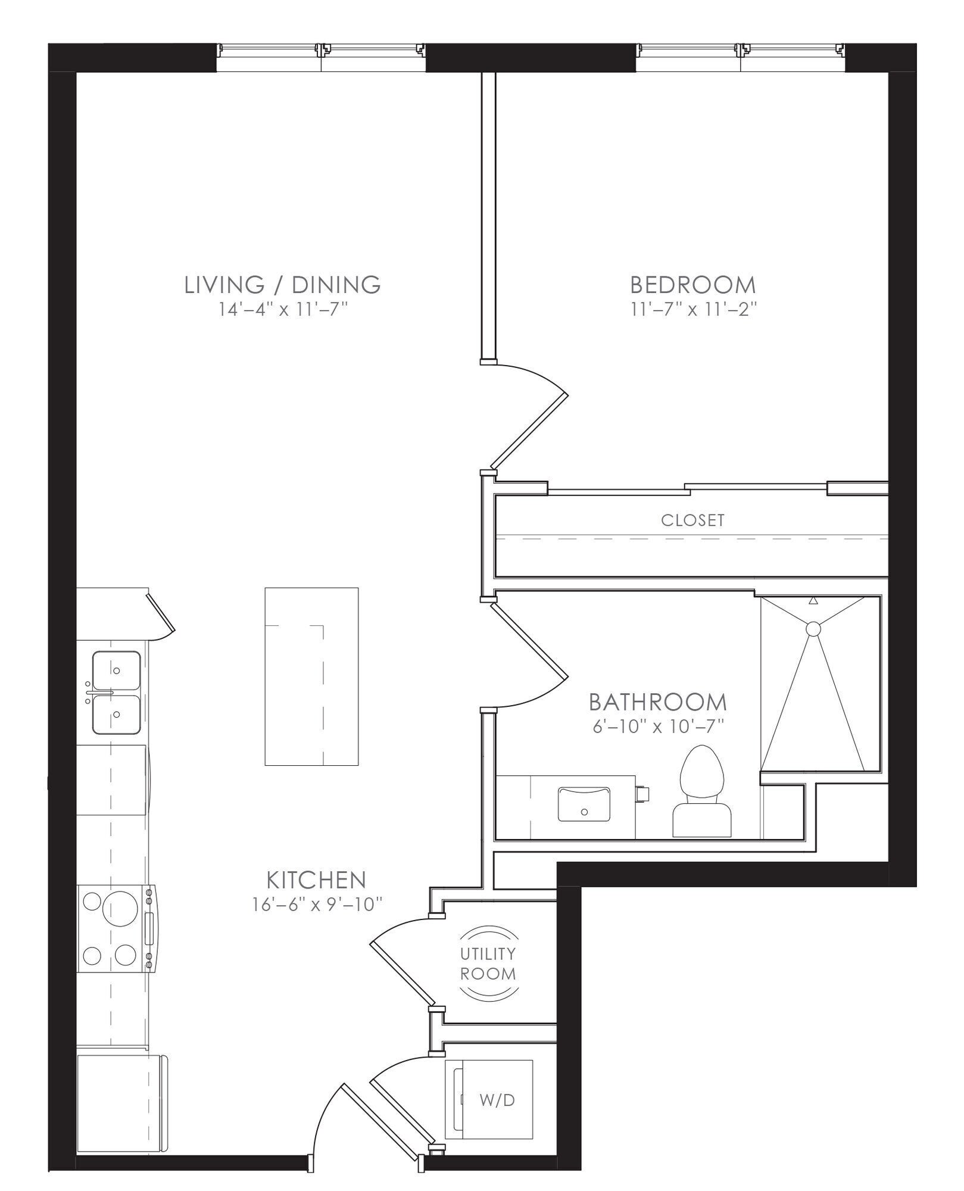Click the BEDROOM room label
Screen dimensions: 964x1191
tap(693, 285)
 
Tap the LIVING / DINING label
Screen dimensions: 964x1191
tap(283, 285)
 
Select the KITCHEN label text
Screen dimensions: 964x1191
tap(316, 879)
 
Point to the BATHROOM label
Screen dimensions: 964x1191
tap(658, 702)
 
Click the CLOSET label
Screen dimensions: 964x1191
tap(693, 520)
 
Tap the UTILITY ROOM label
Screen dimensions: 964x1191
tap(488, 963)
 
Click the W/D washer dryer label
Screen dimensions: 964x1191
tap(497, 1100)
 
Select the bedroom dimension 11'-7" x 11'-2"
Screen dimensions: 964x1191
tap(693, 310)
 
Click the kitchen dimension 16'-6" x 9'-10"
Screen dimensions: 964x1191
tap(316, 905)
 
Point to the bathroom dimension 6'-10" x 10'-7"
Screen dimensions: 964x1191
tap(658, 727)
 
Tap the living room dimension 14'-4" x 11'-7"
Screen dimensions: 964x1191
tap(283, 310)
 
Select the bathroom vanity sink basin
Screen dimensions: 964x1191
tap(584, 804)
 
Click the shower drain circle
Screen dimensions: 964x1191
tap(813, 628)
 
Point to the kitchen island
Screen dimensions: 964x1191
tap(311, 676)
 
